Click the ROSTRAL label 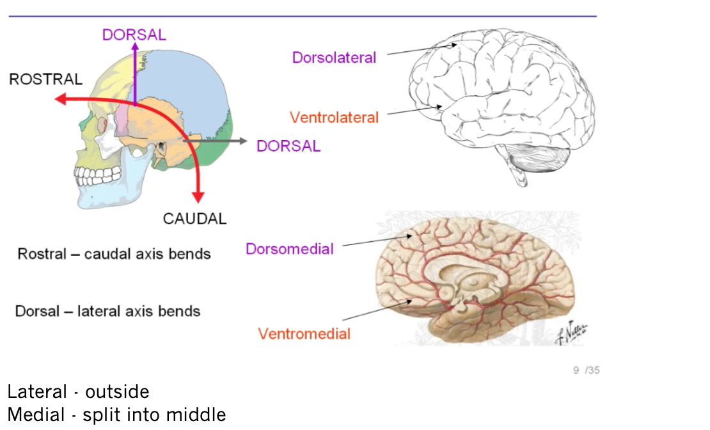(45, 79)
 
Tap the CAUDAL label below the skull (194, 219)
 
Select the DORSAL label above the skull (134, 35)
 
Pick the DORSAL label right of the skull (288, 146)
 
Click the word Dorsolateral (334, 58)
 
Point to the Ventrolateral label (334, 118)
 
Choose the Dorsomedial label (290, 249)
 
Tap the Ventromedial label (304, 333)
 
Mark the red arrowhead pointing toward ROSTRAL (59, 99)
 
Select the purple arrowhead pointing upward (134, 47)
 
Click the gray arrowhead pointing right (241, 140)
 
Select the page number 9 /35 (587, 370)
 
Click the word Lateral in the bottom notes (37, 392)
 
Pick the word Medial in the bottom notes (36, 415)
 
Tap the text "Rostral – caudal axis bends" (114, 254)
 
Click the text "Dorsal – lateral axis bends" (107, 312)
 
